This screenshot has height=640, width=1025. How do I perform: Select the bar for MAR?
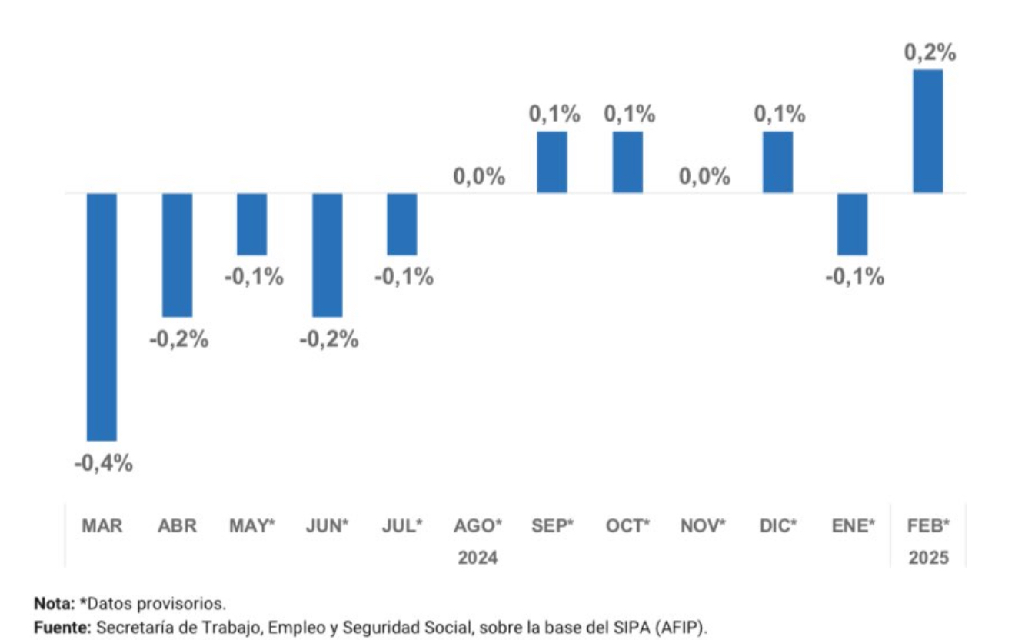[x=102, y=316]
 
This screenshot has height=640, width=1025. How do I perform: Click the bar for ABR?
[x=177, y=255]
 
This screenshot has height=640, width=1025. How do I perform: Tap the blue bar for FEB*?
[x=927, y=131]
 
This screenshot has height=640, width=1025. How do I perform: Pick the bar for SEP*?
[x=552, y=162]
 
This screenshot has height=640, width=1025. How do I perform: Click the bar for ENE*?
[x=853, y=224]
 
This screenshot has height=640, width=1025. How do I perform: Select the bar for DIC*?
[x=777, y=162]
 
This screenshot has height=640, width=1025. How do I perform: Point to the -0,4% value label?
[x=103, y=464]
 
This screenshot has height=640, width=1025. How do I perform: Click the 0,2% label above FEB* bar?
[x=930, y=53]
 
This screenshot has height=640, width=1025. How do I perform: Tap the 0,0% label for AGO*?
[x=479, y=177]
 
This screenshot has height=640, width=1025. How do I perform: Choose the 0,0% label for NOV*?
[x=704, y=177]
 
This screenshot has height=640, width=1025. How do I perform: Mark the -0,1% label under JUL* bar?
[x=404, y=278]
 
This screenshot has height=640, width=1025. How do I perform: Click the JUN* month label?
[x=328, y=526]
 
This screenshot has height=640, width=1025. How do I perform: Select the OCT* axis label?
[x=627, y=526]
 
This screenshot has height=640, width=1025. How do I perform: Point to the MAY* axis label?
[x=252, y=526]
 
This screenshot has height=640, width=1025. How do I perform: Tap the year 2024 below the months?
[x=478, y=558]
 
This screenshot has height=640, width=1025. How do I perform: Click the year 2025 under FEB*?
[x=929, y=558]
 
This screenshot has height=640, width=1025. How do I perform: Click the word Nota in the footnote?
[x=54, y=603]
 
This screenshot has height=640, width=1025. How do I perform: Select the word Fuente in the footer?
[x=62, y=628]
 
